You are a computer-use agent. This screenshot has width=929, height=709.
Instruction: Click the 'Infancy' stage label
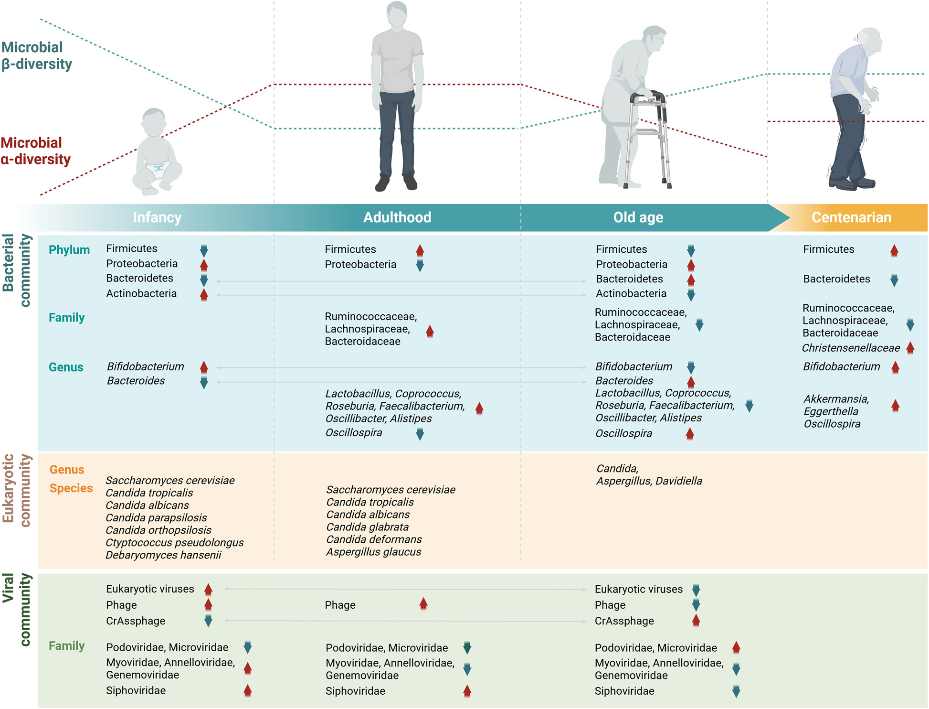pyautogui.click(x=157, y=217)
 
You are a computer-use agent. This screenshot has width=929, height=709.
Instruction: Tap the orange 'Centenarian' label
pyautogui.click(x=851, y=217)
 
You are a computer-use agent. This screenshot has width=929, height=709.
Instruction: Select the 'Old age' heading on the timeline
pyautogui.click(x=638, y=217)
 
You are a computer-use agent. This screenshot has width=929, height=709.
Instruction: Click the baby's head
pyautogui.click(x=154, y=122)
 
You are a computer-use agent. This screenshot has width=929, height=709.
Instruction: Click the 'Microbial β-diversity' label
pyautogui.click(x=36, y=55)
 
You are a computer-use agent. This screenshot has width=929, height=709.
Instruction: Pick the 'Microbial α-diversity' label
pyautogui.click(x=35, y=151)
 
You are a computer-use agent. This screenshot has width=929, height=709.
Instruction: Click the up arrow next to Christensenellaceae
pyautogui.click(x=910, y=348)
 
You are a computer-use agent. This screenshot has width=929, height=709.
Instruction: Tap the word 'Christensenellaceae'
pyautogui.click(x=850, y=348)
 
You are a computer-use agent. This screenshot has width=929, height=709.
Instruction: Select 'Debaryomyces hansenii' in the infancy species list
pyautogui.click(x=163, y=555)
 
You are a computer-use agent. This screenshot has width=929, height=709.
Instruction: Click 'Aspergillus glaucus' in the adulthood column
pyautogui.click(x=373, y=552)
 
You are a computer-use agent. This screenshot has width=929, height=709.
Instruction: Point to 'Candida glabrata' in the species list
pyautogui.click(x=367, y=527)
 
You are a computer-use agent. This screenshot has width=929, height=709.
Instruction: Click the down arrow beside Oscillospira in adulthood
pyautogui.click(x=420, y=434)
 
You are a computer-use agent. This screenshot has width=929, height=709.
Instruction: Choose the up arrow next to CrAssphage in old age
pyautogui.click(x=696, y=621)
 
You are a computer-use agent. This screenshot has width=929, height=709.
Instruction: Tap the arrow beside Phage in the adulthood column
pyautogui.click(x=423, y=604)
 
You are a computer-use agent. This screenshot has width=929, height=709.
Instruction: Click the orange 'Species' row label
pyautogui.click(x=71, y=488)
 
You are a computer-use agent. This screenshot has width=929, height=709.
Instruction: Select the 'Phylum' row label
pyautogui.click(x=69, y=250)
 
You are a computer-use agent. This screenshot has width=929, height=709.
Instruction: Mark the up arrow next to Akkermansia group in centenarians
pyautogui.click(x=895, y=406)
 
